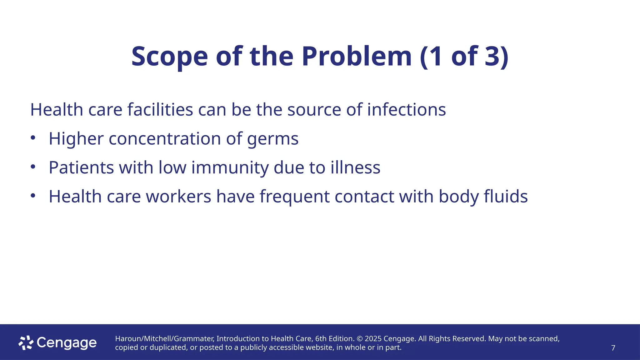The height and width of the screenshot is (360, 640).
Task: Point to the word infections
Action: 406,110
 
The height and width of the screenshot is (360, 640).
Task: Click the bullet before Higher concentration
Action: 33,138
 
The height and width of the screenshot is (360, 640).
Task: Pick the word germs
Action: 273,139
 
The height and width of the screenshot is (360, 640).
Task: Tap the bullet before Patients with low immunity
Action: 33,167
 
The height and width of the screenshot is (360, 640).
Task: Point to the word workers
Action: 178,197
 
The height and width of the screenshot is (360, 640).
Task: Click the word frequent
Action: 294,197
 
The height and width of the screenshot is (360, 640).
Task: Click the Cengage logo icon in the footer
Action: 26,343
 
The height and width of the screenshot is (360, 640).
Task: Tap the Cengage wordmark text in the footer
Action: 67,343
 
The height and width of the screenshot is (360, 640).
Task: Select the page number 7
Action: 613,348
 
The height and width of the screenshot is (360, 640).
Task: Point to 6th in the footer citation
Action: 321,339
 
